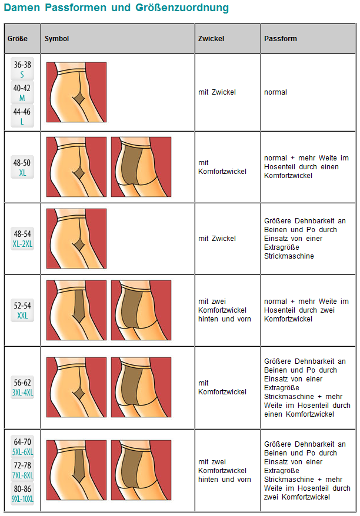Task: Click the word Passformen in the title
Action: [x=76, y=8]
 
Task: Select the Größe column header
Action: [x=18, y=39]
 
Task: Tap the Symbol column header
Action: [x=57, y=39]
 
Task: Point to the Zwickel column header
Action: [x=211, y=39]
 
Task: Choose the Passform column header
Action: [x=280, y=39]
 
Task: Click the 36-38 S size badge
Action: [x=22, y=69]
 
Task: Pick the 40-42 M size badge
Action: [x=22, y=92]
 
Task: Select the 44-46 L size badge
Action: [x=22, y=116]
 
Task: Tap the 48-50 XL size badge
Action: [x=22, y=167]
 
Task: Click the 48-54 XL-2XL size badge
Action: [x=22, y=239]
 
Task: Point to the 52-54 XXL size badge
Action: [x=22, y=310]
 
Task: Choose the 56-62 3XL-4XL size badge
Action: [x=22, y=387]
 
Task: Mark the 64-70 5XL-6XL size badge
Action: [x=22, y=447]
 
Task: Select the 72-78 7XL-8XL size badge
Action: [x=22, y=470]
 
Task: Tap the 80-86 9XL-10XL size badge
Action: [x=22, y=494]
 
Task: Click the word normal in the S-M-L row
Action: [x=275, y=92]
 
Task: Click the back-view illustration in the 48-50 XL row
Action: [x=141, y=167]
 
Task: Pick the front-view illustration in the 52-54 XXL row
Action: [x=76, y=310]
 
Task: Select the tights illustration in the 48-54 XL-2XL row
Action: [x=76, y=239]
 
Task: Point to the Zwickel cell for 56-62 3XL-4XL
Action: [x=222, y=387]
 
